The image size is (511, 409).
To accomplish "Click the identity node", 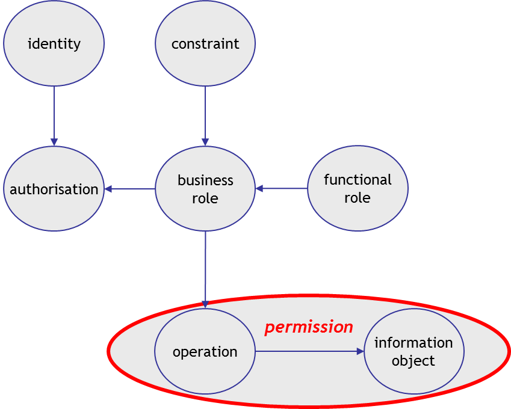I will click(54, 43).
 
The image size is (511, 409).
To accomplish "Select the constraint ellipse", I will click(205, 43).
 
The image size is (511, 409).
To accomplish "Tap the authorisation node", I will click(54, 189).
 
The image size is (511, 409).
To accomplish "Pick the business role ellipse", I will click(205, 189).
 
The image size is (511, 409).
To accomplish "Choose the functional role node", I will click(358, 189).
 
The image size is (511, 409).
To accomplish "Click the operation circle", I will click(205, 352).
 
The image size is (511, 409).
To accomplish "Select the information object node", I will click(413, 352).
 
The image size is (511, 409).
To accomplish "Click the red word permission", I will click(309, 327).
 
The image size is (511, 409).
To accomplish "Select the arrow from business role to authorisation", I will click(130, 189).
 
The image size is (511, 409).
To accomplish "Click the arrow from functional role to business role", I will click(282, 189).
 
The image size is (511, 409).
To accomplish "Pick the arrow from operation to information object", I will click(309, 351).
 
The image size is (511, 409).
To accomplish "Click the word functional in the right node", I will click(358, 180).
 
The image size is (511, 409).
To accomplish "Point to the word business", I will click(205, 180).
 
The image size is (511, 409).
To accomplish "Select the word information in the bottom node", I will click(413, 343).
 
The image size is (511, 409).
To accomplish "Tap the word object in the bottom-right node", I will click(413, 361).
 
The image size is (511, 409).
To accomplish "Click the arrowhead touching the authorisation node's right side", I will click(108, 189).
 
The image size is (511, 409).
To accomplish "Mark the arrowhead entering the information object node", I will click(360, 351).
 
